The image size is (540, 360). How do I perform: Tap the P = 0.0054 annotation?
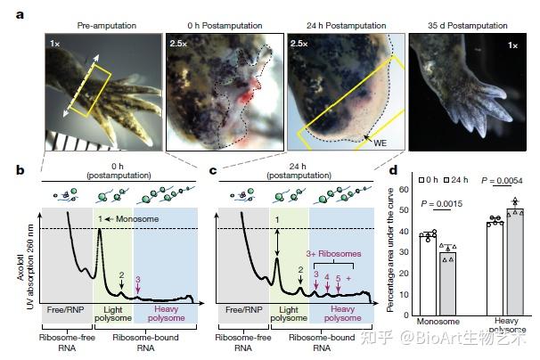click(x=503, y=181)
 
